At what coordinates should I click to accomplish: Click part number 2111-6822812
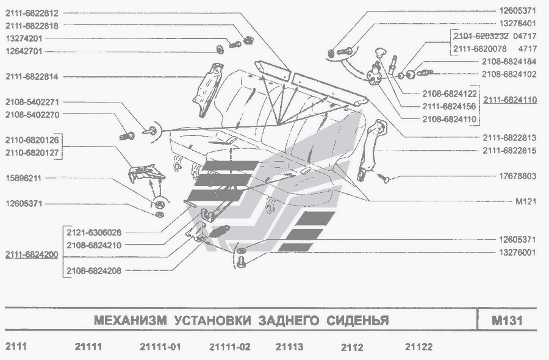32,13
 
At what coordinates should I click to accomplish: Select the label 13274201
24,38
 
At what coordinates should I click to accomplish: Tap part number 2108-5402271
32,102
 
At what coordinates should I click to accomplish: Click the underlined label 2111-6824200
32,255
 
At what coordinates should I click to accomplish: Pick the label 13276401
517,24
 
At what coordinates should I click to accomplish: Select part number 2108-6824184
509,62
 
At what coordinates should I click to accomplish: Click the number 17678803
517,177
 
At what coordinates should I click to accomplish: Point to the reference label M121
526,201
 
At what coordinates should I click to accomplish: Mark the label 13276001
517,251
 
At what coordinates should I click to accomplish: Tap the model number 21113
289,347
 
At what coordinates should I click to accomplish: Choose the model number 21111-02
229,347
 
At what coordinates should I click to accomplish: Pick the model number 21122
418,347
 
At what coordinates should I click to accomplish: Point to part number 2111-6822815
509,150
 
